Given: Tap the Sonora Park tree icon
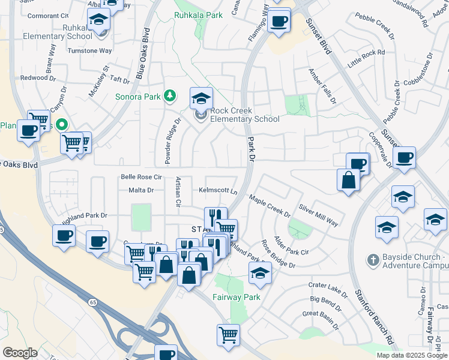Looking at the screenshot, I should [171, 95].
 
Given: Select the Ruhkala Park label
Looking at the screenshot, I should [198, 14].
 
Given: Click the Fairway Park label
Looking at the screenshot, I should [236, 297].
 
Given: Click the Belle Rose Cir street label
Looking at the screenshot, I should [142, 177].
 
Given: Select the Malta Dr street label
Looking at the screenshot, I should [142, 190].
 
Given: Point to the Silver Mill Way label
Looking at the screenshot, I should [318, 214].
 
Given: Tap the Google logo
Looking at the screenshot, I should [20, 352].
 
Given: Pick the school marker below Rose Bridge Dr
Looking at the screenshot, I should [260, 272].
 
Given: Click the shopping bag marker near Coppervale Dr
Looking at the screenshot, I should [348, 179].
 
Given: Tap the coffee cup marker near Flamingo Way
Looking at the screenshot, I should [279, 22].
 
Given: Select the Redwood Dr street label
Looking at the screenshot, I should [38, 78].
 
